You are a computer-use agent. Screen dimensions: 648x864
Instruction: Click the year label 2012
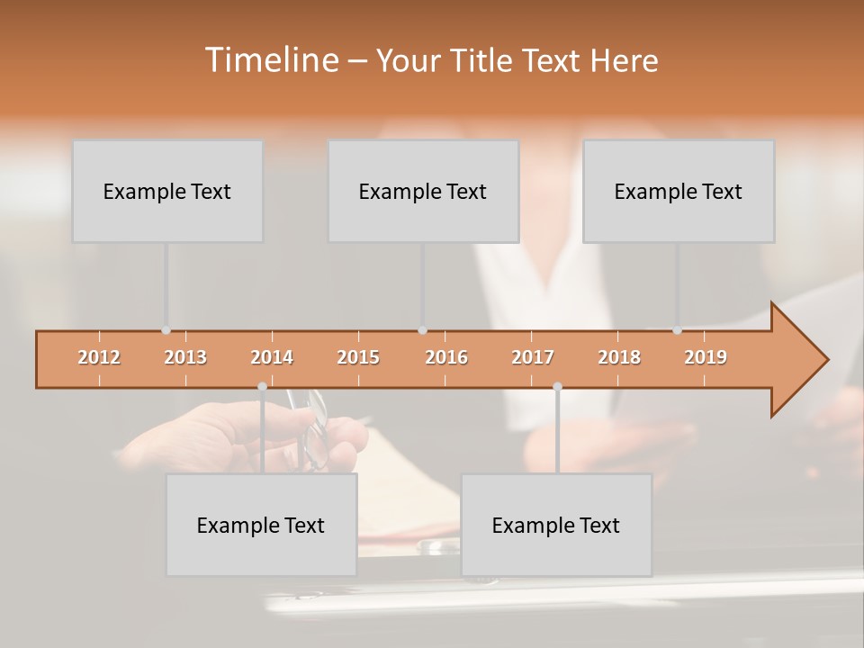(99, 357)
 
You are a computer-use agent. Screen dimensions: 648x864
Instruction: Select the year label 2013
(185, 357)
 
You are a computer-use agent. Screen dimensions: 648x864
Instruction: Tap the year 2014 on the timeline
(272, 357)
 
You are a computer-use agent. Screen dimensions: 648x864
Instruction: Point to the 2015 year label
(358, 357)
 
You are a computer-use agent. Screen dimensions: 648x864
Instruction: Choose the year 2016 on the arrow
(446, 357)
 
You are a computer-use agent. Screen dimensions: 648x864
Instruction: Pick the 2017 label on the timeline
(533, 357)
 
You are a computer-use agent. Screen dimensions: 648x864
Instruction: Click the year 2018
(619, 357)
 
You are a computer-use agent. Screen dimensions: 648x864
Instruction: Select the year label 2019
(706, 357)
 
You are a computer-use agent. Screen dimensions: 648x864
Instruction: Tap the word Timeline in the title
(269, 60)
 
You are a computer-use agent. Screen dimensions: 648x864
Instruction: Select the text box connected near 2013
(167, 191)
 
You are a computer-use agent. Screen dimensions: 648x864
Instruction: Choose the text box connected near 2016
(423, 191)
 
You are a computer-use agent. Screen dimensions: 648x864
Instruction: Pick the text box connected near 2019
(679, 191)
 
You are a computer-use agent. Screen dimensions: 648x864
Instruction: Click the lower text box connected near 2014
(261, 525)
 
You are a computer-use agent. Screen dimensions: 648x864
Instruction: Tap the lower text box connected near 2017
(556, 525)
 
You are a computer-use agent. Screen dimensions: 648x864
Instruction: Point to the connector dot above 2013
(166, 330)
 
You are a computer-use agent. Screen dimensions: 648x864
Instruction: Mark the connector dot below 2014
(262, 387)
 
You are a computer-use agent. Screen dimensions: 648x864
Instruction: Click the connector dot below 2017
(557, 387)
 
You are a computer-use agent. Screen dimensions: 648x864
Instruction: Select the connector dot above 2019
(677, 330)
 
